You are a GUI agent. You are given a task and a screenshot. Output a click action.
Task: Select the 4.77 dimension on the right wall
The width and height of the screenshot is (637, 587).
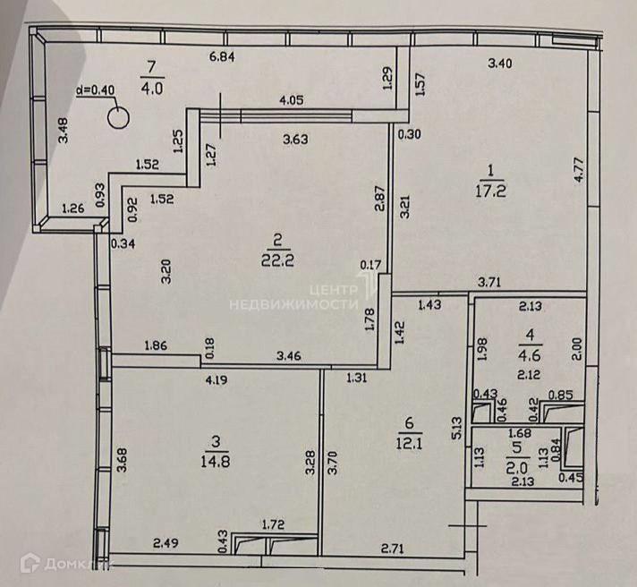(x=578, y=168)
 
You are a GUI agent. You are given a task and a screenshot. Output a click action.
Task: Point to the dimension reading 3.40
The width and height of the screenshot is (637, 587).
(x=499, y=63)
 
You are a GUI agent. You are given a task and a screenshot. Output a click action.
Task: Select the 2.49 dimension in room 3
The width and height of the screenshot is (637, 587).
(x=167, y=543)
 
